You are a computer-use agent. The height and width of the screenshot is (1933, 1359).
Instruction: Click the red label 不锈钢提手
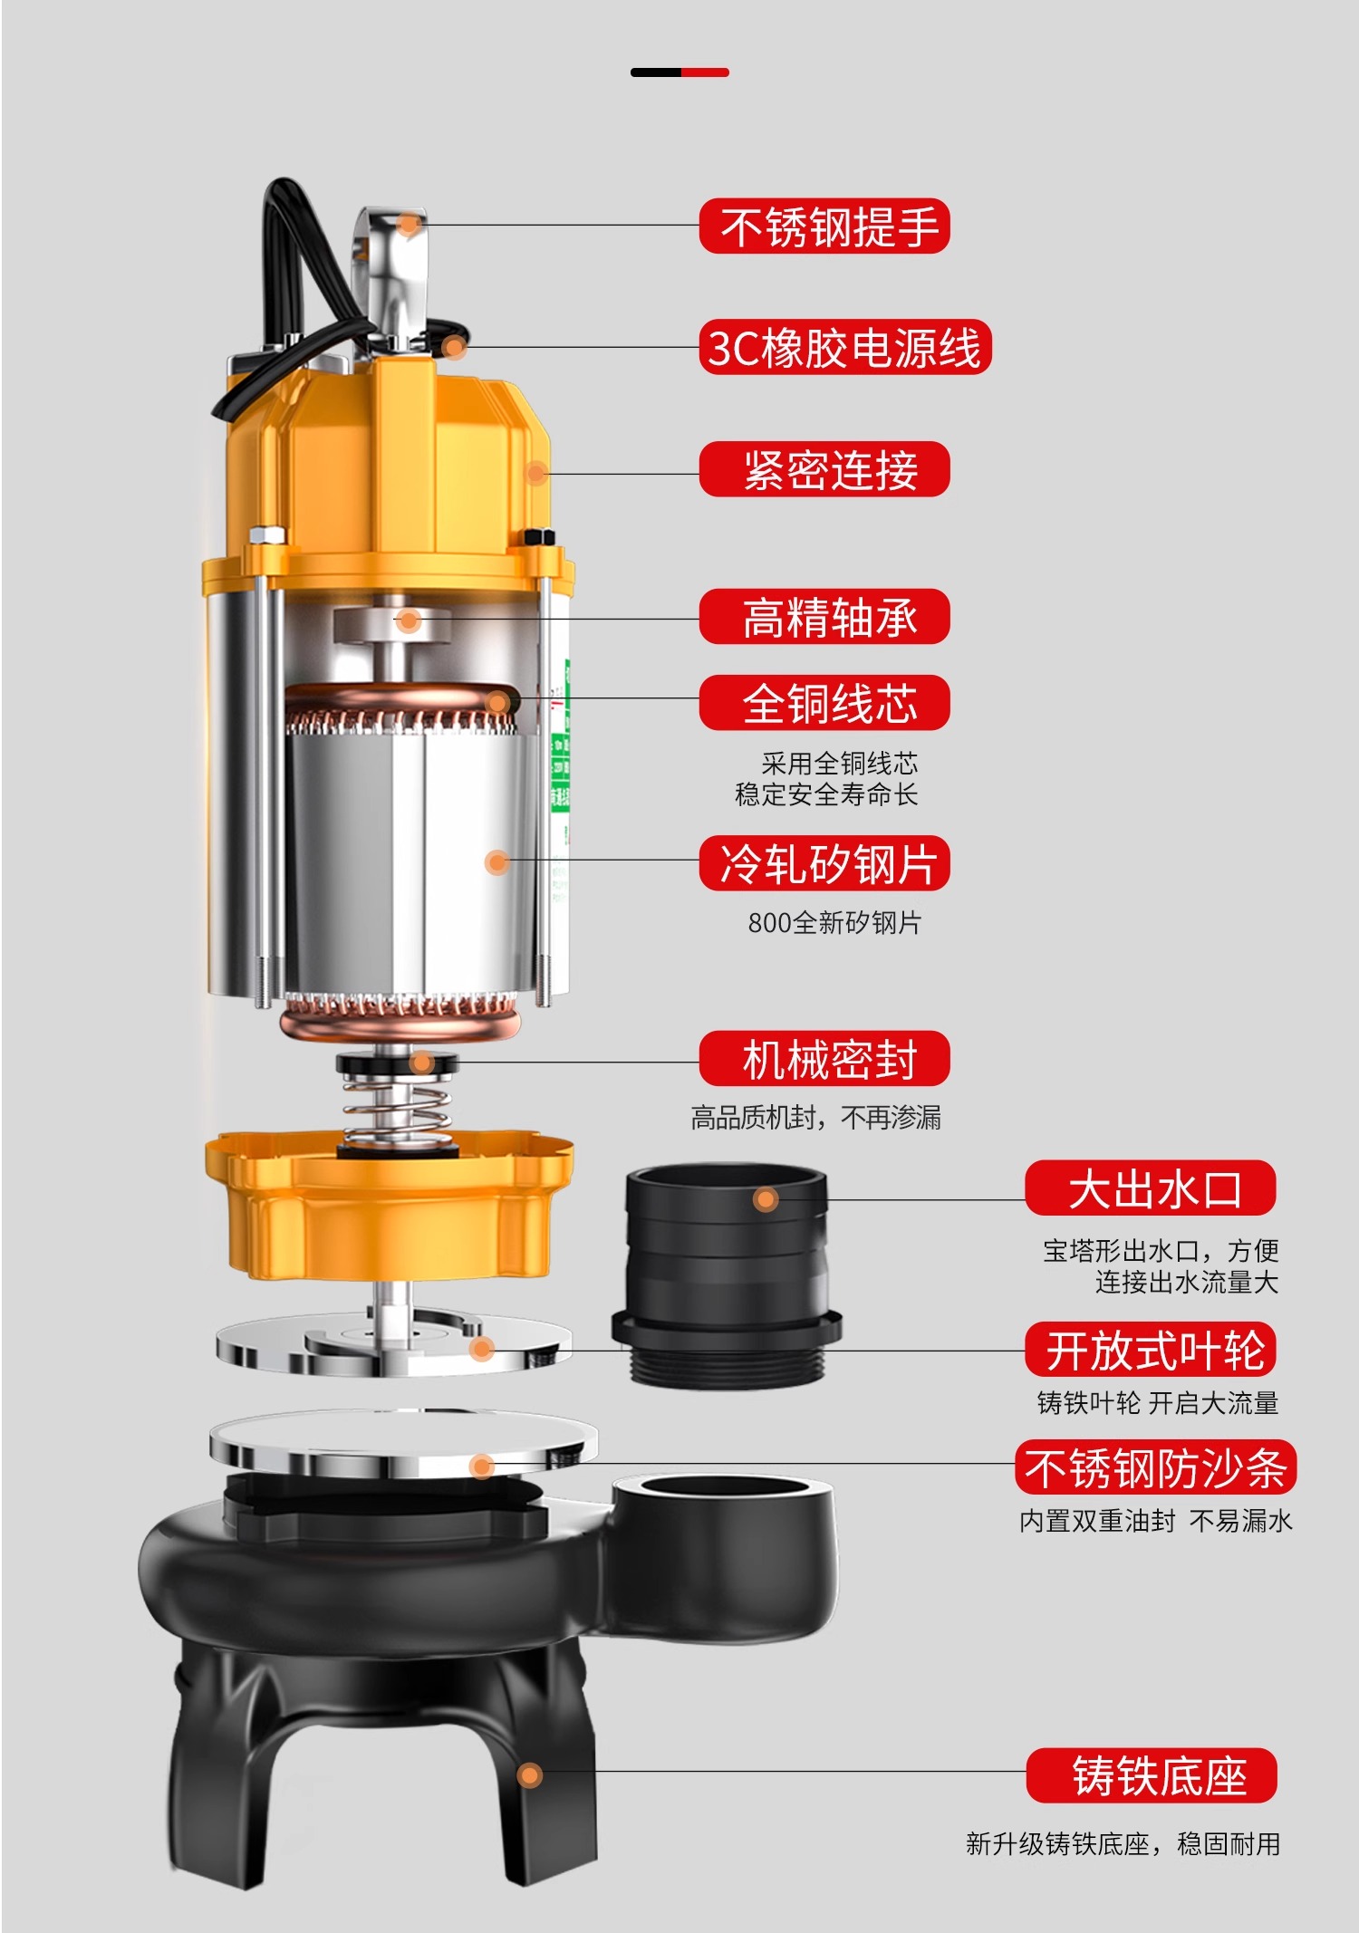[x=824, y=226]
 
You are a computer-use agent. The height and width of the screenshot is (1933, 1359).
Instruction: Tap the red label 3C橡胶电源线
[x=845, y=347]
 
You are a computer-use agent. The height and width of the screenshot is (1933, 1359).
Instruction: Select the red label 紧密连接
[x=824, y=469]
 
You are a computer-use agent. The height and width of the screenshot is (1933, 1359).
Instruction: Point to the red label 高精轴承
[x=824, y=617]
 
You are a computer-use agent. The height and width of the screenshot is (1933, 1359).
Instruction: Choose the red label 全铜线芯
[x=824, y=703]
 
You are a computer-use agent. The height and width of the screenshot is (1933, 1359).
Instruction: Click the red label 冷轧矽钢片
[x=824, y=863]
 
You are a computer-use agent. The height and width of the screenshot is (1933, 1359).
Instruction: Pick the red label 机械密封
[x=824, y=1058]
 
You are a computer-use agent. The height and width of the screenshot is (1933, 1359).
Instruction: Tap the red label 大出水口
[x=1151, y=1188]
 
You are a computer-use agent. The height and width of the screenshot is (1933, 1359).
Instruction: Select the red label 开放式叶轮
[x=1151, y=1350]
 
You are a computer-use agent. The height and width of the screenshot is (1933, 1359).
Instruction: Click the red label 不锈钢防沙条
[x=1155, y=1467]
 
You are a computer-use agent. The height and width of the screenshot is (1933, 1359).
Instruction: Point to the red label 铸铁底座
[x=1152, y=1775]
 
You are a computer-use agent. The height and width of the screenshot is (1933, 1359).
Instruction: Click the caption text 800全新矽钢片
[x=834, y=923]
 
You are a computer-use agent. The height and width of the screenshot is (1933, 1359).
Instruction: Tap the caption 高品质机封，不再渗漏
[x=815, y=1118]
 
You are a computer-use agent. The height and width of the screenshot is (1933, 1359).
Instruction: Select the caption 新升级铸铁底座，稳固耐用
[x=1123, y=1843]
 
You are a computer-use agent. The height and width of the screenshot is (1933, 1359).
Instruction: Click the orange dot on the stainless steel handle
[x=410, y=224]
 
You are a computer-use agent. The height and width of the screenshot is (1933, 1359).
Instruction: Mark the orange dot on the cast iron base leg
[x=530, y=1775]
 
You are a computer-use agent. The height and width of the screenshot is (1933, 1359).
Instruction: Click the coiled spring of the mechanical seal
[x=397, y=1112]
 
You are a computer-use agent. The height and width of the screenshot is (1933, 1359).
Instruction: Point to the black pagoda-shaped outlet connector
[x=727, y=1277]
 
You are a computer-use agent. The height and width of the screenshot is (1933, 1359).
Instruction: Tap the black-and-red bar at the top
[x=679, y=72]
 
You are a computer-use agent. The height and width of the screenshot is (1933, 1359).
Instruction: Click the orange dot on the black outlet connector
[x=766, y=1200]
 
